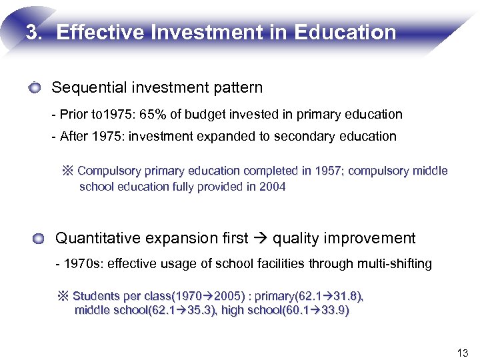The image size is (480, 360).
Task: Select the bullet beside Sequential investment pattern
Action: (x=35, y=87)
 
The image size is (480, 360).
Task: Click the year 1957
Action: (x=316, y=171)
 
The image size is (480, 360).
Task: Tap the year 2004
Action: (x=272, y=187)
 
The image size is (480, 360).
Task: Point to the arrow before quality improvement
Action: (x=261, y=239)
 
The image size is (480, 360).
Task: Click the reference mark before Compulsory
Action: (x=67, y=171)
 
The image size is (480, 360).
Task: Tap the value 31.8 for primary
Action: (x=349, y=296)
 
